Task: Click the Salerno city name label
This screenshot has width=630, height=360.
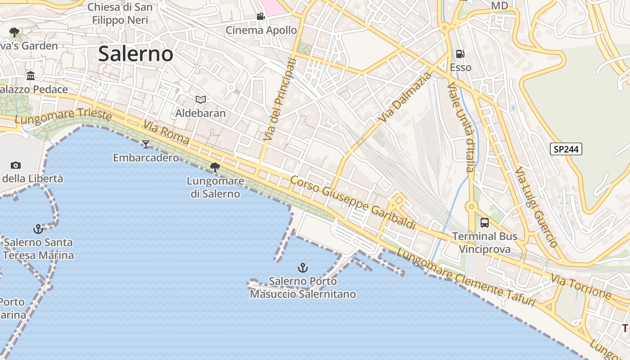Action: [x=135, y=54]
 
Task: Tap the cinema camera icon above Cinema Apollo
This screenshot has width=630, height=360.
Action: [x=261, y=17]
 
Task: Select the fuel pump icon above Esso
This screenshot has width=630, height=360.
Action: [x=460, y=54]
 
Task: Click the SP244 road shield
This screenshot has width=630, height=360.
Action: [x=566, y=149]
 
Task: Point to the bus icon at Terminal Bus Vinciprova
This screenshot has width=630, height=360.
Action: [x=484, y=222]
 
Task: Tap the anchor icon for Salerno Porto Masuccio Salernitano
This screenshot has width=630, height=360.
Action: [x=303, y=268]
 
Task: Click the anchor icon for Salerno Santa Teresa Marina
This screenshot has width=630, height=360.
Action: [x=38, y=229]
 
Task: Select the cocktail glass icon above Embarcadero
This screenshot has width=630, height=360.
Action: [x=145, y=144]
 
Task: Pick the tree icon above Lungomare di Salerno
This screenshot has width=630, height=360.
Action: [x=215, y=168]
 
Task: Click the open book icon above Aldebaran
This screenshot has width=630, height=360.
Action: [x=201, y=99]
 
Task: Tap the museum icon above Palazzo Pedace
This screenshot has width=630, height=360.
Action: [x=31, y=76]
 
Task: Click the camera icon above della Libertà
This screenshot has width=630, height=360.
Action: [x=16, y=165]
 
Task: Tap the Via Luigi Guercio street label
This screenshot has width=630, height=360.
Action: [x=536, y=207]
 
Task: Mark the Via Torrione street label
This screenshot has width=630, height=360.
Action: [x=581, y=287]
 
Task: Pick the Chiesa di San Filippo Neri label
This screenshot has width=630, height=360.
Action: [x=120, y=13]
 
